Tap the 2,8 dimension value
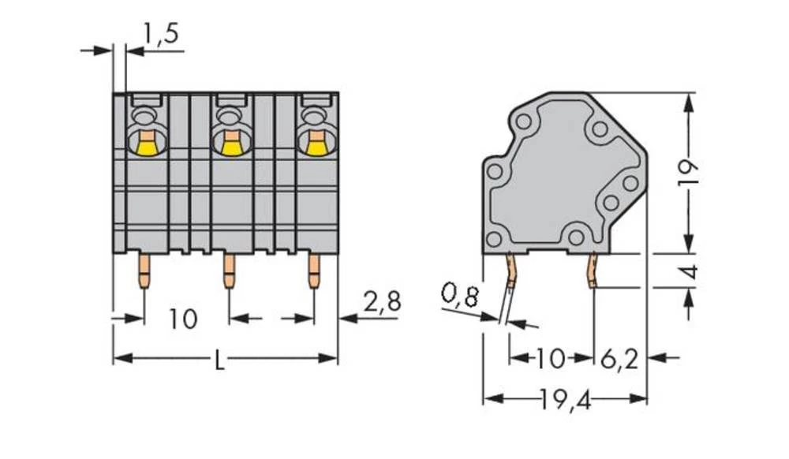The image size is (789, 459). (x=382, y=301)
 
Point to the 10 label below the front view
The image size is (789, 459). (x=182, y=319)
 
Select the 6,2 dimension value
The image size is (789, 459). (x=619, y=359)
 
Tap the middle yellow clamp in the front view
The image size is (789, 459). (x=230, y=145)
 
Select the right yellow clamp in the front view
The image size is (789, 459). (x=315, y=145)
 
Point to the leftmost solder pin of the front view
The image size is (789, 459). (x=144, y=270)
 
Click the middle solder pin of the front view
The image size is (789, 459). (x=229, y=270)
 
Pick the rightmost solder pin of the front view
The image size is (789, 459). (x=314, y=270)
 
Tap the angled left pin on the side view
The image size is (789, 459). (x=511, y=272)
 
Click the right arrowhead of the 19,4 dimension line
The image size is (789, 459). (x=640, y=400)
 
